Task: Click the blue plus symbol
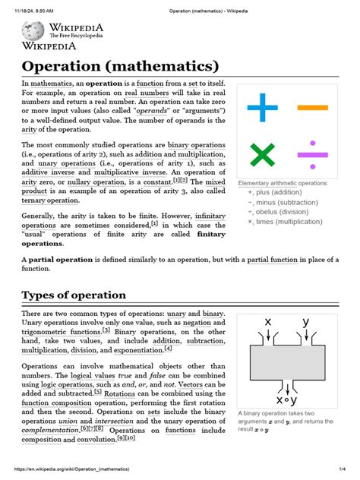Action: [x=263, y=108]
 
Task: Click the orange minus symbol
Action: [x=312, y=108]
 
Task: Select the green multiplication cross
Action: [x=262, y=155]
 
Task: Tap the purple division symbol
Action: [x=312, y=155]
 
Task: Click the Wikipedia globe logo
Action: [x=33, y=30]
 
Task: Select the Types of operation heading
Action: [x=74, y=295]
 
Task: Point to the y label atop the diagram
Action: [x=305, y=322]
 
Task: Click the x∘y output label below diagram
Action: [x=286, y=399]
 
